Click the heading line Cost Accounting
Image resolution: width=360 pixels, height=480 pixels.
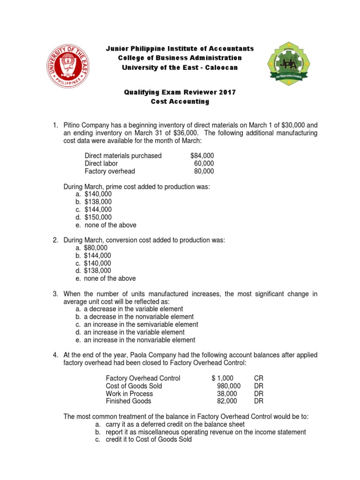point(180,101)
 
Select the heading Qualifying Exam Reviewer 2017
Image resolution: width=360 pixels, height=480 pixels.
point(180,92)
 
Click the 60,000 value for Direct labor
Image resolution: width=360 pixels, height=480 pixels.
point(204,164)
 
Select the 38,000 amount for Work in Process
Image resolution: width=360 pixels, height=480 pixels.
point(228,394)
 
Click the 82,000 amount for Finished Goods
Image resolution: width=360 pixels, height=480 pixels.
point(228,401)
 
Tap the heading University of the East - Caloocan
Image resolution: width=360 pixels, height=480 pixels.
point(180,67)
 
